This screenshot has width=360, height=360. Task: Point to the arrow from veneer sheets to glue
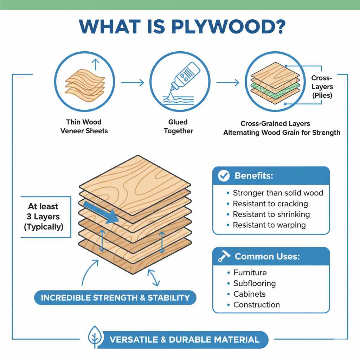tap(133, 83)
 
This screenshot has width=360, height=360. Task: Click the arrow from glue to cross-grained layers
tap(228, 83)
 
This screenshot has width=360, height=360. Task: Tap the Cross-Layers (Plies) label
tap(322, 86)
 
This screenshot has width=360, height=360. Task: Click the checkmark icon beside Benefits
tap(224, 176)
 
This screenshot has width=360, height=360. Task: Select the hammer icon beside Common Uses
tap(224, 257)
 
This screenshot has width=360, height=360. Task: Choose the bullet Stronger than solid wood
tap(278, 193)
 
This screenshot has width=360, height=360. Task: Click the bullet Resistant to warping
tap(269, 225)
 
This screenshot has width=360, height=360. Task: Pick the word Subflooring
tap(255, 283)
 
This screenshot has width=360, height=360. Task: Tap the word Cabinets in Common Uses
tap(249, 294)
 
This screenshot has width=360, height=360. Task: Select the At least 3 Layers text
tap(43, 217)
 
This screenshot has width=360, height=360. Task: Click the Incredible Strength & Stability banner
tap(115, 298)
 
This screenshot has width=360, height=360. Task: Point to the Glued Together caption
tap(178, 127)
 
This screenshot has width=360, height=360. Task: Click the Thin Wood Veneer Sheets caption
tap(84, 127)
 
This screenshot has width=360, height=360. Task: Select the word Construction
tap(257, 305)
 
